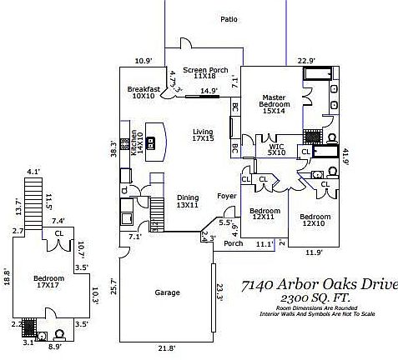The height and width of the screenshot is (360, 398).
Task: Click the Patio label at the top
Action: pyautogui.click(x=229, y=18)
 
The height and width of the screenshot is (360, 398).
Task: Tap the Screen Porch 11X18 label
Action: pyautogui.click(x=205, y=72)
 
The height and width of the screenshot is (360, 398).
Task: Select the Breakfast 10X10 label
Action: pyautogui.click(x=144, y=92)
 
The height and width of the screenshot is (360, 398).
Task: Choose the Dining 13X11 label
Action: pyautogui.click(x=187, y=201)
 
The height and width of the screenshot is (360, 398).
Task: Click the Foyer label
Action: pyautogui.click(x=227, y=196)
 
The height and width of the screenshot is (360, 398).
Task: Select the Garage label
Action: pyautogui.click(x=168, y=292)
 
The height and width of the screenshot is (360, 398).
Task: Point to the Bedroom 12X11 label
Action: pyautogui.click(x=264, y=214)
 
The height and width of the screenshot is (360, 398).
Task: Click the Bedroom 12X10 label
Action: pyautogui.click(x=315, y=220)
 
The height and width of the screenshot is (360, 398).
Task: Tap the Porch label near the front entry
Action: pyautogui.click(x=234, y=244)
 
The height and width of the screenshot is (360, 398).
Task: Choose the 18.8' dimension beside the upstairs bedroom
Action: pyautogui.click(x=7, y=276)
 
